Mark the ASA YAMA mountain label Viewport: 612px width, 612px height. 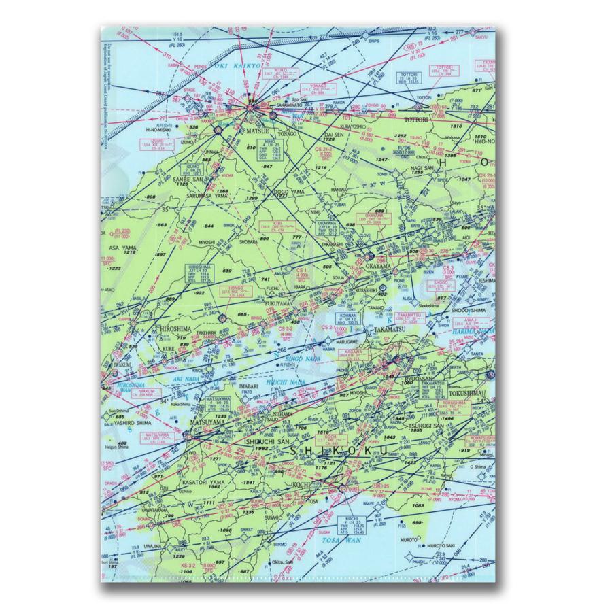click(120, 248)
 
